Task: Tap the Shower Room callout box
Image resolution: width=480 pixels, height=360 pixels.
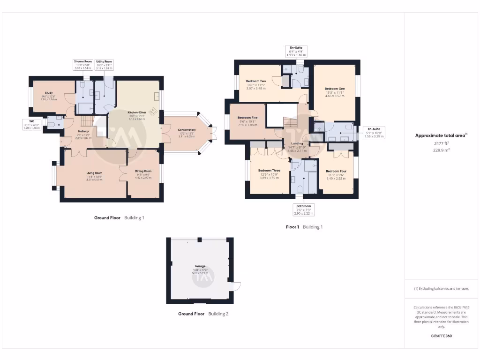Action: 82,65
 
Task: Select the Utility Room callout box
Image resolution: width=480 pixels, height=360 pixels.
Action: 104,65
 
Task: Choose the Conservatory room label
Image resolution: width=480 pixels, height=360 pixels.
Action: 187,130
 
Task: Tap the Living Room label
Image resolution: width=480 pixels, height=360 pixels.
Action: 94,173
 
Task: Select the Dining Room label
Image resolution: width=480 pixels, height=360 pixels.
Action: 143,171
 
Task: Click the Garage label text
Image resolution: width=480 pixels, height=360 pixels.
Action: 201,266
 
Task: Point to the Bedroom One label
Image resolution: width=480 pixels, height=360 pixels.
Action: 335,89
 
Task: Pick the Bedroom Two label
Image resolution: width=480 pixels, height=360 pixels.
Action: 256,81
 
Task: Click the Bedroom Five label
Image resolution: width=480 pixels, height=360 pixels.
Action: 247,117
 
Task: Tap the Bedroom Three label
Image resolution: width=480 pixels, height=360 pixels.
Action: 269,171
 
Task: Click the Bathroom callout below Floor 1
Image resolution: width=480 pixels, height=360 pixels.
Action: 303,210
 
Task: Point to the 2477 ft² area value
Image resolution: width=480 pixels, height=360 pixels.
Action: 441,144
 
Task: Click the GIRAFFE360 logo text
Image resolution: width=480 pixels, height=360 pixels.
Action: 441,336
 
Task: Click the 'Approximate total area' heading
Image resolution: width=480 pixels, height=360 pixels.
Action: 441,135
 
